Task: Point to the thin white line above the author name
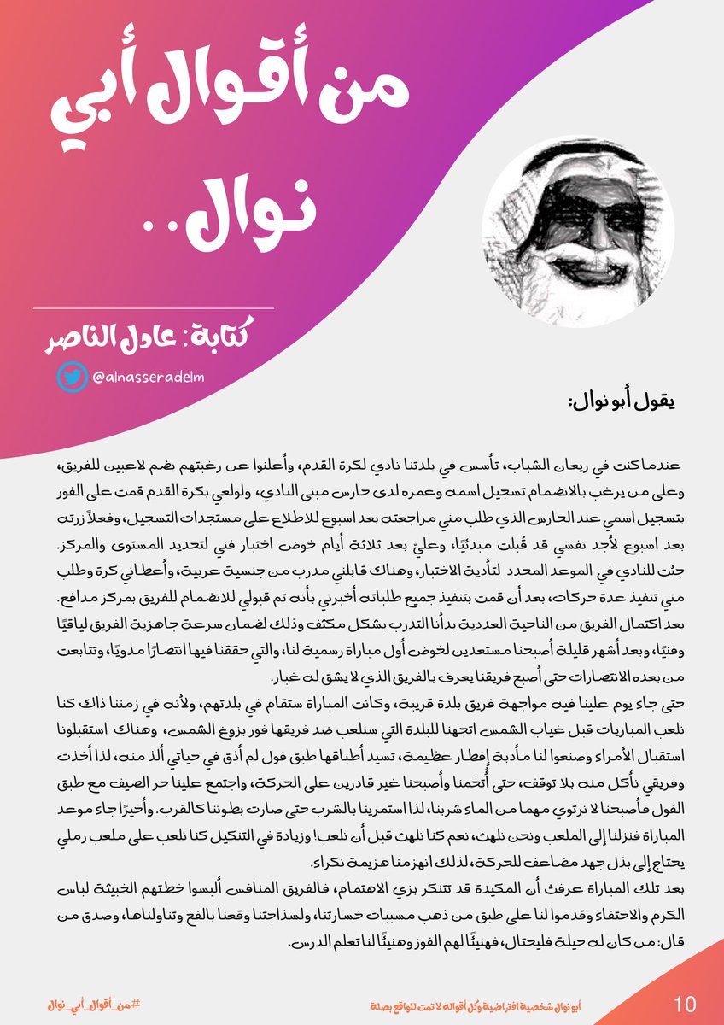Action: point(154,307)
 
